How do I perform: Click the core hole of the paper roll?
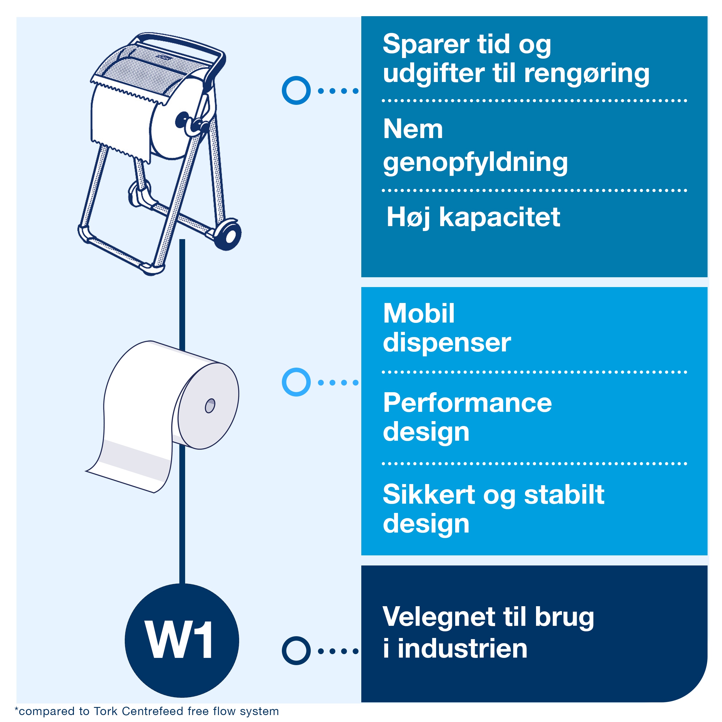pos(210,406)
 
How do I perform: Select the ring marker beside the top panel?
pos(296,90)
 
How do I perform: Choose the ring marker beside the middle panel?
pos(296,382)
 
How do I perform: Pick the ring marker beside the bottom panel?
pos(296,651)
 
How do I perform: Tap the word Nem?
pos(413,129)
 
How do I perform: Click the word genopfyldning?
pos(475,163)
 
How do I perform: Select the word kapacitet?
pos(500,217)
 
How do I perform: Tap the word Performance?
pos(468,403)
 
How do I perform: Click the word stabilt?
pos(564,494)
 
